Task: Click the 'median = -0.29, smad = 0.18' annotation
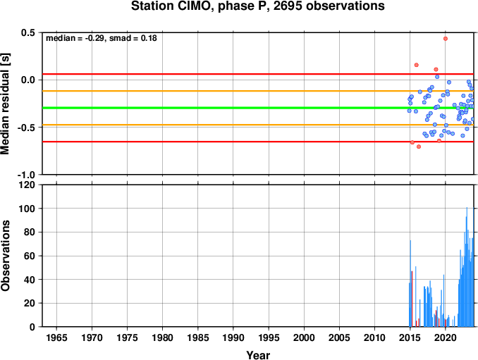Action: tap(102, 38)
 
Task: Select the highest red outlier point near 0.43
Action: tap(446, 39)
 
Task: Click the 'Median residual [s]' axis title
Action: tap(5, 104)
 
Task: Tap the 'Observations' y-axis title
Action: tap(5, 255)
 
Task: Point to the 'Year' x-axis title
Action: tap(258, 355)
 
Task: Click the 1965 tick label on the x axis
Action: tap(56, 337)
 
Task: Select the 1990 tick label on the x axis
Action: tap(233, 337)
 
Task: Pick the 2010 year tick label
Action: tap(374, 337)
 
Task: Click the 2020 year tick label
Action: tap(446, 337)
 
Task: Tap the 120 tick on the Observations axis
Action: tap(27, 185)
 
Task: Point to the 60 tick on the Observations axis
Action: tap(30, 256)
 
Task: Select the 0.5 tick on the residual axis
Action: tap(28, 32)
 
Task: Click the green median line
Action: tap(257, 108)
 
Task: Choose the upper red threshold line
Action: tap(257, 74)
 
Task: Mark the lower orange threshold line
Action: tap(257, 125)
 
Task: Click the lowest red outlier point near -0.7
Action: tap(419, 147)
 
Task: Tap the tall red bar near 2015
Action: tap(412, 299)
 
